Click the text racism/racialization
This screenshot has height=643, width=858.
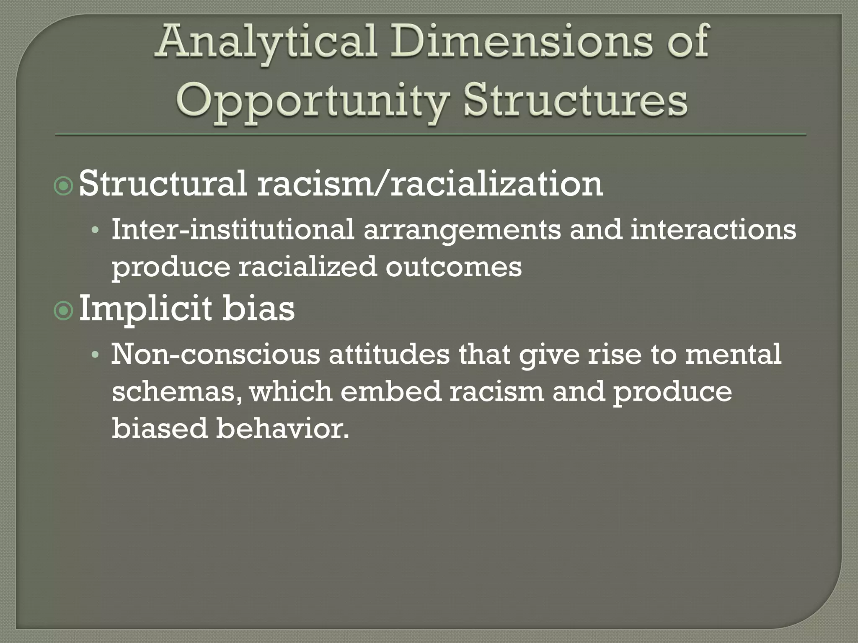point(430,184)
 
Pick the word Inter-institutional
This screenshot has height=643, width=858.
point(233,230)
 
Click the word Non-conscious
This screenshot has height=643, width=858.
point(215,354)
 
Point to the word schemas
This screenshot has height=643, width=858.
point(176,392)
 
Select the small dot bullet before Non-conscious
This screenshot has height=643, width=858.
point(95,355)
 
